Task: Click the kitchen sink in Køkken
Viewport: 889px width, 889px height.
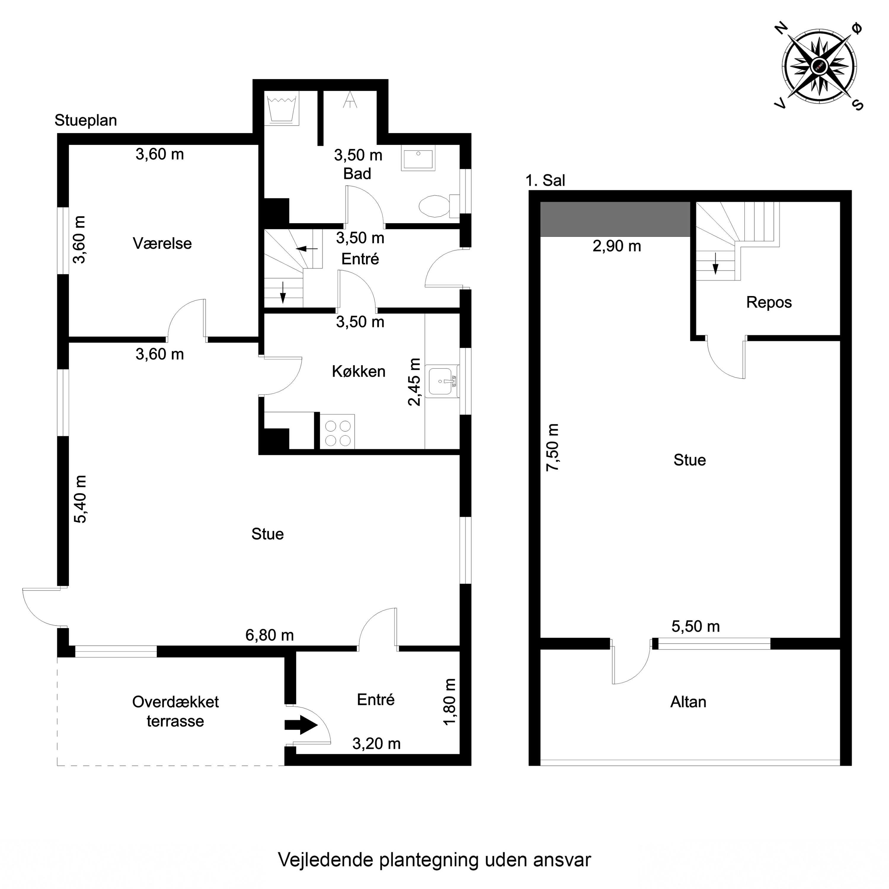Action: [x=441, y=381]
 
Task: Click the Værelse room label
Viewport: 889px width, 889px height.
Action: [x=162, y=243]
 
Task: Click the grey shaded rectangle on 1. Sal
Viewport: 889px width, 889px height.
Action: [x=615, y=219]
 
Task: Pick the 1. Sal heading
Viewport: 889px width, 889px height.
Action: [x=545, y=180]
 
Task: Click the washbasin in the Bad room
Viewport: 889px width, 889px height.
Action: [x=418, y=159]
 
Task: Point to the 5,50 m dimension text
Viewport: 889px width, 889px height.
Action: [x=695, y=626]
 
